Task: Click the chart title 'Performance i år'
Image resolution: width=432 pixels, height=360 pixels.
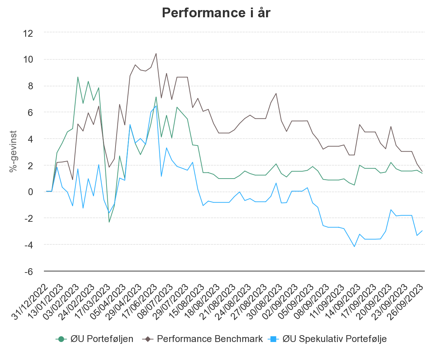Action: pyautogui.click(x=216, y=13)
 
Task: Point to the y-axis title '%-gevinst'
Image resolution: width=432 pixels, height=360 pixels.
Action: pyautogui.click(x=13, y=151)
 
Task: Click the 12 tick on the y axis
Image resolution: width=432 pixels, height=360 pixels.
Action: pyautogui.click(x=29, y=33)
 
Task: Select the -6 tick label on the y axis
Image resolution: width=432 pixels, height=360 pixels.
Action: pyautogui.click(x=29, y=271)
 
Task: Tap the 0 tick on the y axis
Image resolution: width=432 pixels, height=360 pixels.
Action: pyautogui.click(x=31, y=192)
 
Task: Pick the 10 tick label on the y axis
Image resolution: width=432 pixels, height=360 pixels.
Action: pyautogui.click(x=29, y=60)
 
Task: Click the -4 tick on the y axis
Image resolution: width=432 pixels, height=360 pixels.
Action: pyautogui.click(x=29, y=245)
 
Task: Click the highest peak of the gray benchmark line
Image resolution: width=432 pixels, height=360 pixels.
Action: pyautogui.click(x=156, y=53)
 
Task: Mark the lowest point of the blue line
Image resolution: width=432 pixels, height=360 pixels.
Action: pyautogui.click(x=354, y=247)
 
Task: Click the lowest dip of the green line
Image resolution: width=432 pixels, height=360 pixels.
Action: pyautogui.click(x=109, y=222)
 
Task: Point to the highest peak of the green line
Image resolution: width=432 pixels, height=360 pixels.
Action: pyautogui.click(x=78, y=77)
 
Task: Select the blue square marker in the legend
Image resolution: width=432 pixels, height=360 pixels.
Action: pyautogui.click(x=273, y=339)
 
